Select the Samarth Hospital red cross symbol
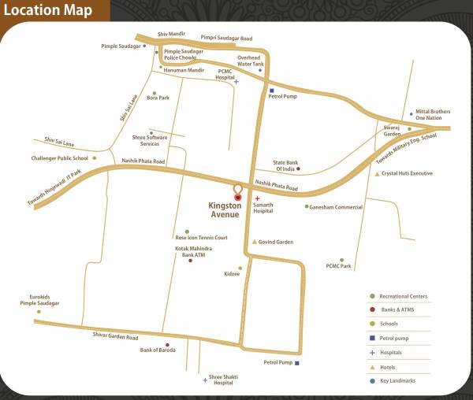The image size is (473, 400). click(259, 197)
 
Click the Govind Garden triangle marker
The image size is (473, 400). click(254, 242)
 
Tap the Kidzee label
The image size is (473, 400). click(233, 275)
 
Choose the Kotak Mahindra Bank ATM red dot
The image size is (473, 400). click(191, 261)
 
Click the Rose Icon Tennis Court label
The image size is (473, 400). click(201, 237)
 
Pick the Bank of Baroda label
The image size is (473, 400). click(155, 350)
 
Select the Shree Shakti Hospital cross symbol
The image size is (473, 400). click(205, 380)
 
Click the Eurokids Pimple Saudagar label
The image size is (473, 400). click(40, 300)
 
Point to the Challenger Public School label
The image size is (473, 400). click(60, 158)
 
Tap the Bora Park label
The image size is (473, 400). click(158, 98)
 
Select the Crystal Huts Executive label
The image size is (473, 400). click(407, 173)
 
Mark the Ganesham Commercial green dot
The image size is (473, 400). click(307, 207)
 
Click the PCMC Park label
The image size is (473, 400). click(338, 267)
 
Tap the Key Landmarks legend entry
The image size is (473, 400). click(398, 381)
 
